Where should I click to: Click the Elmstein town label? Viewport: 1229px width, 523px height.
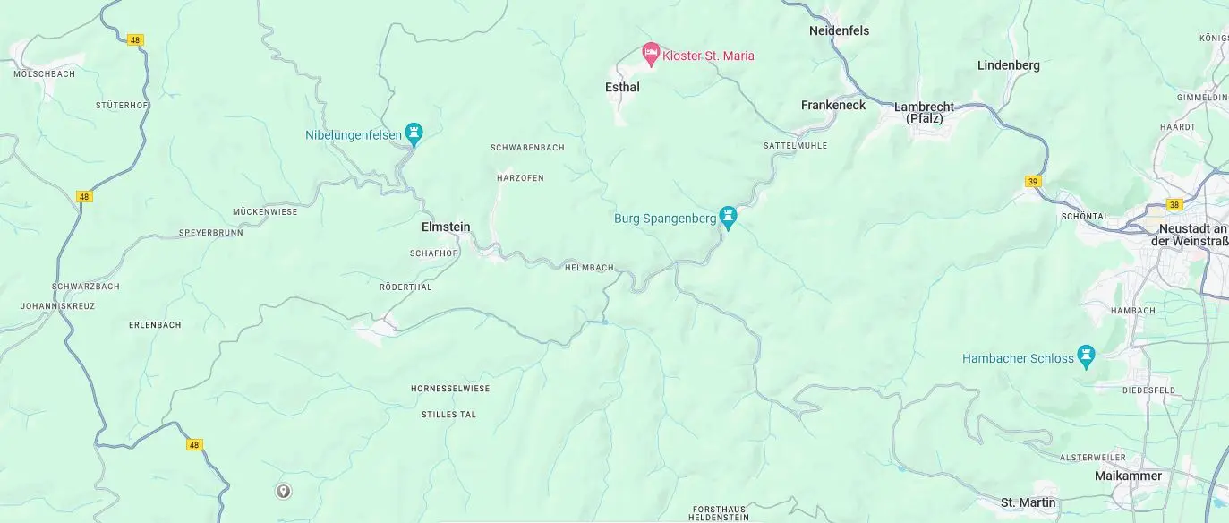click(446, 227)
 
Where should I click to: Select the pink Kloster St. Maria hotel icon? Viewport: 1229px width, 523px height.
click(652, 55)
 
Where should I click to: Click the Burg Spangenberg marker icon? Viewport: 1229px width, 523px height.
click(729, 218)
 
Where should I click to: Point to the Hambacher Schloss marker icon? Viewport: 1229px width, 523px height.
click(1087, 357)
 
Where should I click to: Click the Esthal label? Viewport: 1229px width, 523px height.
click(622, 88)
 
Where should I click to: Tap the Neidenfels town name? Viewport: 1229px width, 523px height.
click(839, 31)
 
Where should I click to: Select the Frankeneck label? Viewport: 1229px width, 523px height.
click(833, 106)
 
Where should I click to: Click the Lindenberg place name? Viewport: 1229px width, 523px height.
click(1008, 65)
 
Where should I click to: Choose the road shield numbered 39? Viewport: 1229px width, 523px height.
click(1033, 182)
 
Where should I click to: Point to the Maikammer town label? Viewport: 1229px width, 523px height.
click(1128, 476)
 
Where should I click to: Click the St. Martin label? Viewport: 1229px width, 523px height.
click(1028, 502)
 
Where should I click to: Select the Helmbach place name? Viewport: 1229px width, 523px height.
click(589, 268)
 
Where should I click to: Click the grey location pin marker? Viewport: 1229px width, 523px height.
click(284, 491)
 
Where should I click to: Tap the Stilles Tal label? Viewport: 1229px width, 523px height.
click(448, 415)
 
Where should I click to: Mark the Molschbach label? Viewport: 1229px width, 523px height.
click(45, 74)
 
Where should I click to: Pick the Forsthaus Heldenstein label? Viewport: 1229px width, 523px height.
click(720, 512)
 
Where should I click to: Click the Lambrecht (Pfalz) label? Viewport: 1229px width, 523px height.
click(924, 112)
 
